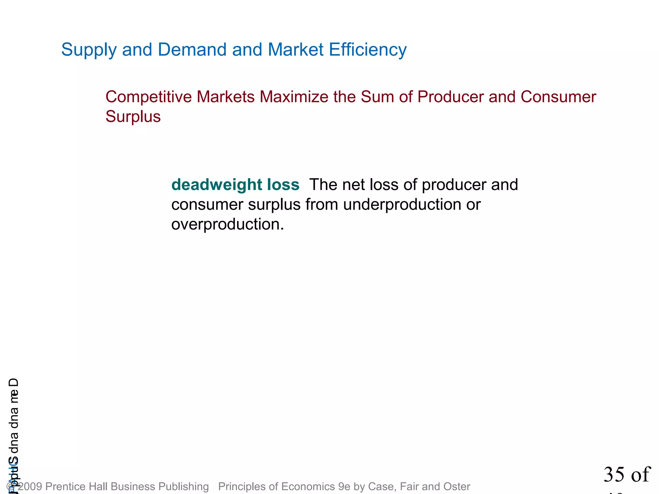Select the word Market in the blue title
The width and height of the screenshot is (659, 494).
click(x=295, y=50)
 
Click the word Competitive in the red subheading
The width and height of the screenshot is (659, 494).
click(x=148, y=97)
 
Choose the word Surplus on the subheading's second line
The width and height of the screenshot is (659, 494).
click(x=133, y=116)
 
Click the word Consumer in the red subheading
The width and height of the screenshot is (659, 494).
click(x=558, y=97)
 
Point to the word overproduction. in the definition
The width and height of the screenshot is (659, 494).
click(x=227, y=224)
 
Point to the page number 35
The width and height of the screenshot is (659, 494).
click(x=613, y=474)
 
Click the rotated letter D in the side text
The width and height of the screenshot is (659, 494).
click(x=14, y=383)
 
